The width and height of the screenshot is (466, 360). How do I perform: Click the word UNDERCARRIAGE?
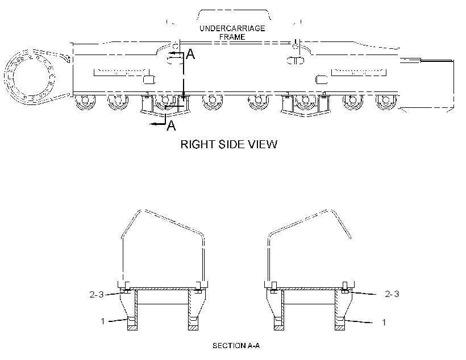(232, 28)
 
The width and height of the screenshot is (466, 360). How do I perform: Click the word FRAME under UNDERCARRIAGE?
(232, 37)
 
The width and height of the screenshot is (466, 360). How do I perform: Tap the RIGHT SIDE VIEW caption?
(229, 144)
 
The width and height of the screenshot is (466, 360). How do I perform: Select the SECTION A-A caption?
(236, 346)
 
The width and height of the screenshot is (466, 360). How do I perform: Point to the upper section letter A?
(190, 55)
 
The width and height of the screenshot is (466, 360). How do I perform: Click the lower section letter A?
(171, 125)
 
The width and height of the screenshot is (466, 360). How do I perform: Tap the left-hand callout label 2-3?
(96, 294)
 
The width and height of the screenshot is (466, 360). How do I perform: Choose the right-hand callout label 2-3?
(392, 294)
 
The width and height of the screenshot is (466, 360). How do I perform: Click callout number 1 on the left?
(102, 321)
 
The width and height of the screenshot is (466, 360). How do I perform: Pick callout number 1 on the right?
(384, 323)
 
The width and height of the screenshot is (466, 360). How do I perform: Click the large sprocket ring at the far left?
(30, 77)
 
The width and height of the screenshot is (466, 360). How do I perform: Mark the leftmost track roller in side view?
(85, 101)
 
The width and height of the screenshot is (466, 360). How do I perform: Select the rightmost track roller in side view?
(385, 101)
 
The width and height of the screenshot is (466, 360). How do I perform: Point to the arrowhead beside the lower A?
(154, 124)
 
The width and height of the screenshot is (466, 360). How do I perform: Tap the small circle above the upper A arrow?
(176, 47)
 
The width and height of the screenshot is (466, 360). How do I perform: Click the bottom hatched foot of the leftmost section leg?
(132, 328)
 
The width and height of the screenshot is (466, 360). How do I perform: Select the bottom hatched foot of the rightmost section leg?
(340, 328)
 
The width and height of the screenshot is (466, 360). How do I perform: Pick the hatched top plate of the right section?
(309, 288)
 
